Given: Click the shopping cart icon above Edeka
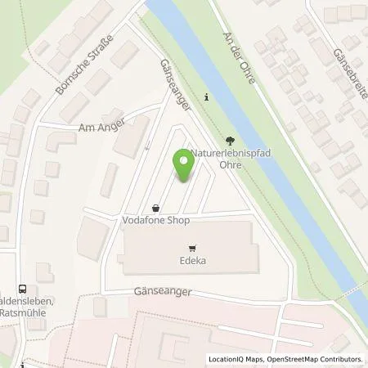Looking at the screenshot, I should pyautogui.click(x=192, y=248).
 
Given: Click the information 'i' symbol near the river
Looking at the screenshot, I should pyautogui.click(x=206, y=97).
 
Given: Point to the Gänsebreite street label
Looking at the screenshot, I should pyautogui.click(x=349, y=71).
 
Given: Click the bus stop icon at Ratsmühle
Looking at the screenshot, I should pyautogui.click(x=22, y=288).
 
